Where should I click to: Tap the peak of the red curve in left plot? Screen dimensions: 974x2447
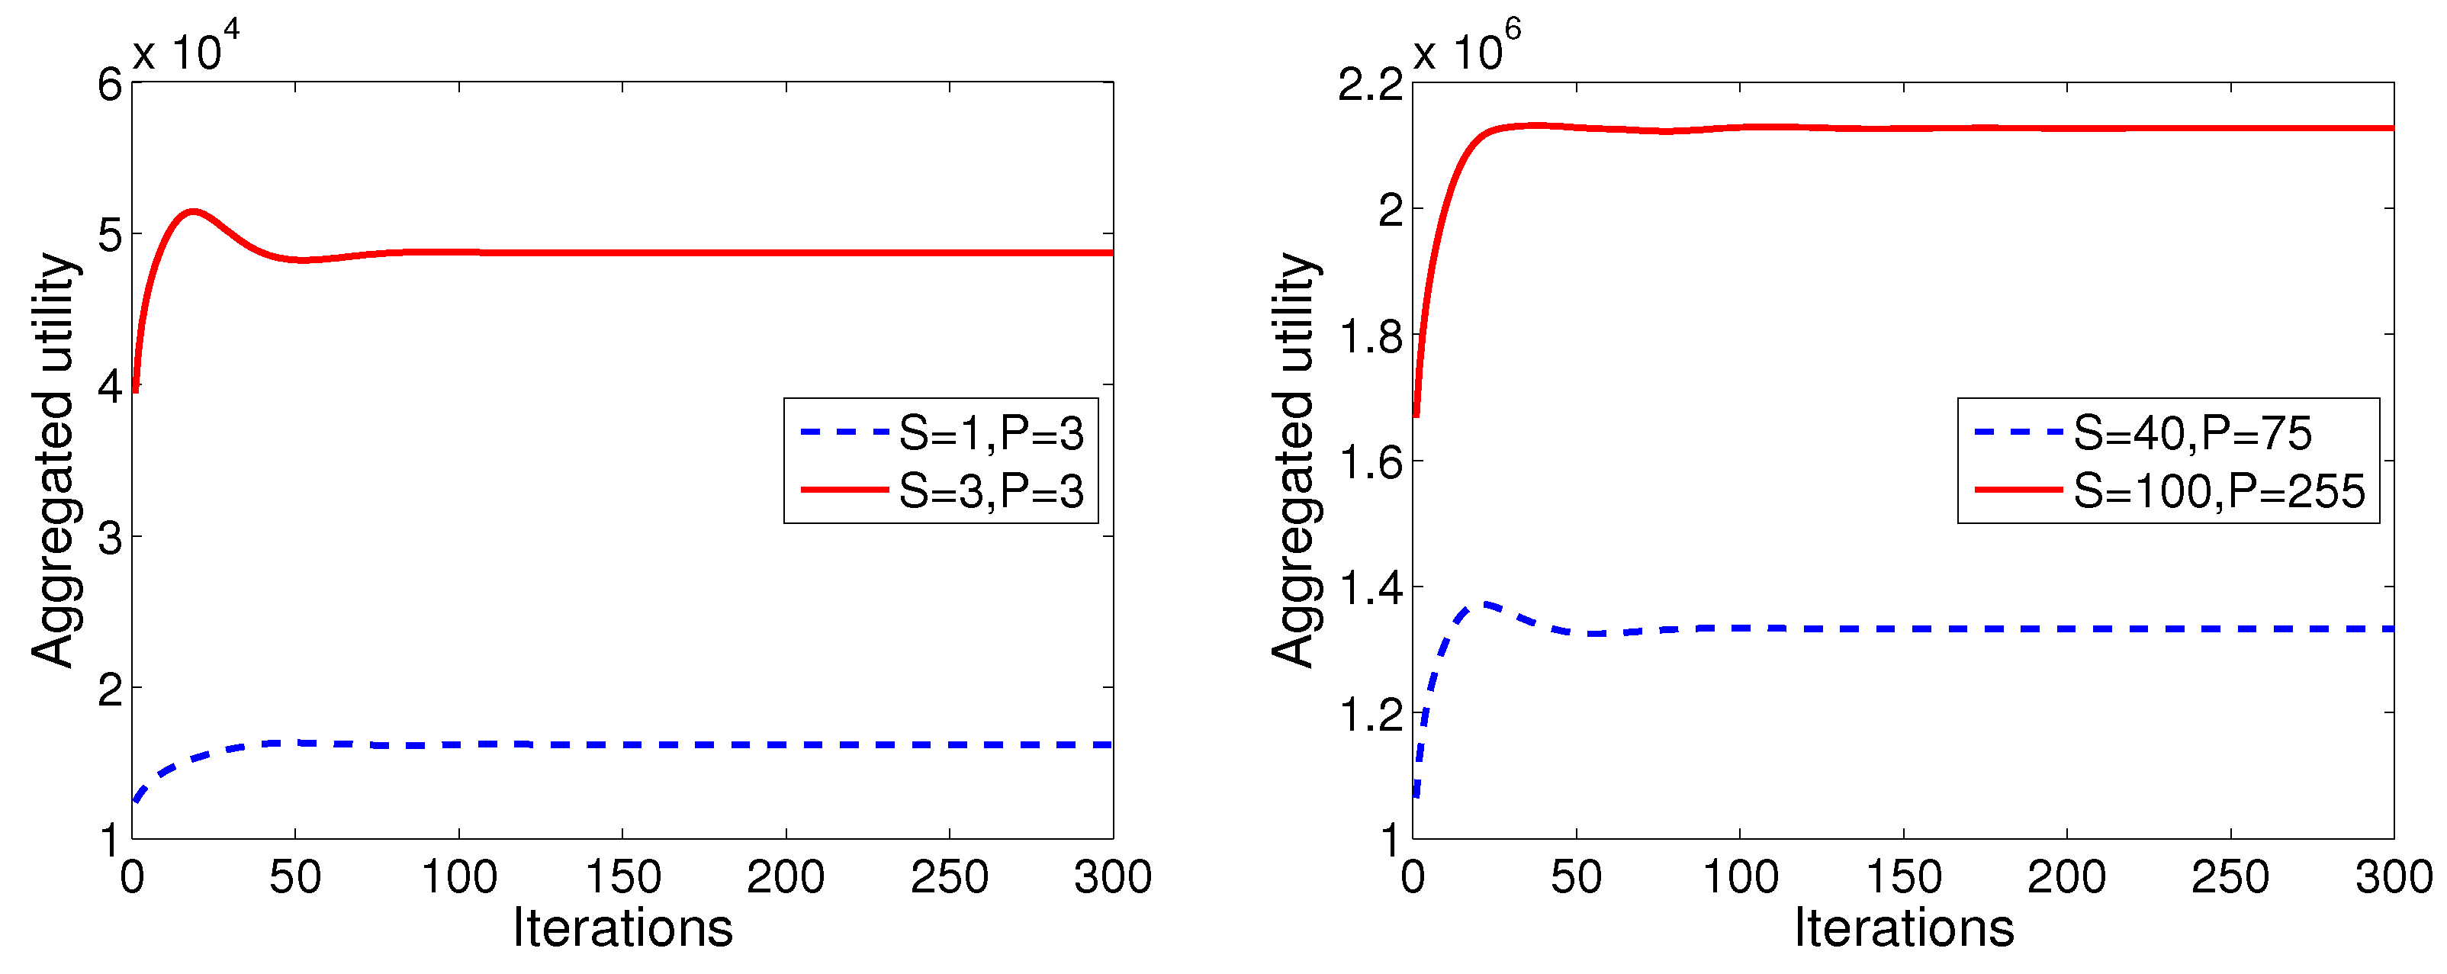[194, 211]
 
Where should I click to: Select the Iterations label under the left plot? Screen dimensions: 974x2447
[622, 927]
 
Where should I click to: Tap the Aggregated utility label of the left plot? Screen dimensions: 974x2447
[53, 460]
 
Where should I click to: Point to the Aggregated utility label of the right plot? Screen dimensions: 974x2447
[1293, 460]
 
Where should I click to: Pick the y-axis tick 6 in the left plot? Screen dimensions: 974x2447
[110, 85]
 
